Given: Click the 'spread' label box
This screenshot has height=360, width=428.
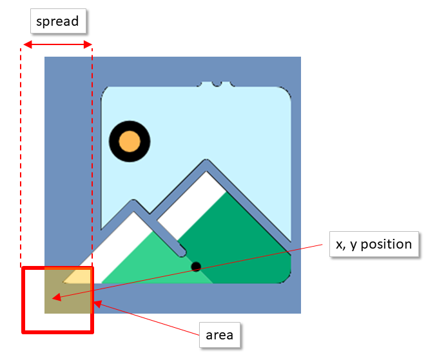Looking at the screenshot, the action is click(58, 21).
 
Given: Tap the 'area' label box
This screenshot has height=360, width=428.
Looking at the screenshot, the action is click(219, 335).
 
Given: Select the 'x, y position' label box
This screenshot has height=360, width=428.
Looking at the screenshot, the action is click(374, 244).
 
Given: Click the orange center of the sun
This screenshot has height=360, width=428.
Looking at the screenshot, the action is click(130, 141).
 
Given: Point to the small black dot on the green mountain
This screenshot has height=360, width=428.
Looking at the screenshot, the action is click(196, 267).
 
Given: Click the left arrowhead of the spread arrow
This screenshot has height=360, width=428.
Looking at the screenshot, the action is click(28, 44).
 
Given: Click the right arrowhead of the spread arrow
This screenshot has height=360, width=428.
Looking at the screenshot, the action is click(88, 44).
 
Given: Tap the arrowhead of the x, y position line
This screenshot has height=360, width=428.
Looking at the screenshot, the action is click(57, 298).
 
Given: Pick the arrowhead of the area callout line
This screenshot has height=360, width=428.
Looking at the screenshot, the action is click(98, 303).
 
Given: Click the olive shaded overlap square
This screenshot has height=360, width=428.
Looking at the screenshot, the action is click(68, 290).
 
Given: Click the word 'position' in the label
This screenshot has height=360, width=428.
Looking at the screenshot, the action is click(386, 244).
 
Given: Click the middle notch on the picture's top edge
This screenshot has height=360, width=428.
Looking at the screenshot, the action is click(217, 84).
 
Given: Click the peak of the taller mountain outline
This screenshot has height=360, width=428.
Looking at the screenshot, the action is click(206, 161).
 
